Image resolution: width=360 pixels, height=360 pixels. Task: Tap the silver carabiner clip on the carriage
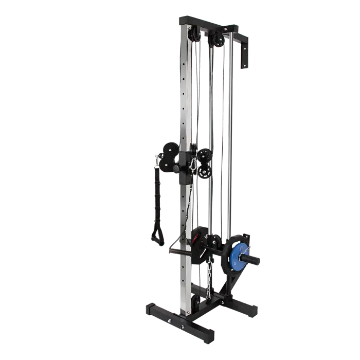(193, 164)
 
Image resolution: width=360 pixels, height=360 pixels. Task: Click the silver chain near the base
(209, 272)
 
